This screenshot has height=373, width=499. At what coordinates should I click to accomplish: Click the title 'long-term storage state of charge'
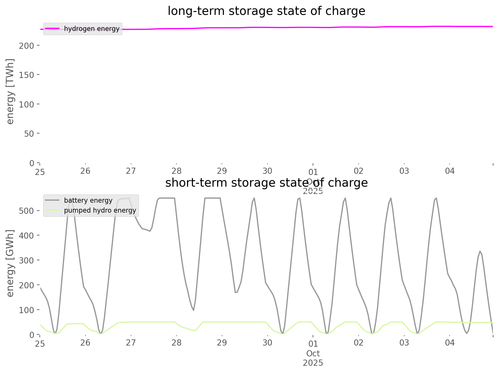pyautogui.click(x=266, y=11)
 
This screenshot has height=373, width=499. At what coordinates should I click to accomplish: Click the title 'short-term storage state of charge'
pyautogui.click(x=266, y=183)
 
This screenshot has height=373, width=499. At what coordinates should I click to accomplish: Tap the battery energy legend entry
pyautogui.click(x=88, y=200)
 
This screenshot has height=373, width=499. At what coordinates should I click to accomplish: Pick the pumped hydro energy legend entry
pyautogui.click(x=100, y=210)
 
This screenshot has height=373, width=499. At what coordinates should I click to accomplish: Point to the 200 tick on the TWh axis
pyautogui.click(x=27, y=46)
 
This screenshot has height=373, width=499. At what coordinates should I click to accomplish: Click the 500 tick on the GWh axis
pyautogui.click(x=27, y=211)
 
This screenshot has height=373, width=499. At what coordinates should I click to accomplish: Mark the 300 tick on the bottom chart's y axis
pyautogui.click(x=27, y=260)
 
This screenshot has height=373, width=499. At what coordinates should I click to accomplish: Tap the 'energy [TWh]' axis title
pyautogui.click(x=10, y=91)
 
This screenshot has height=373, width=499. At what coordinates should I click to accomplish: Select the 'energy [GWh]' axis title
pyautogui.click(x=10, y=263)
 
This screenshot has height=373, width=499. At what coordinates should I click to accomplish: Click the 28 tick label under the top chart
pyautogui.click(x=176, y=171)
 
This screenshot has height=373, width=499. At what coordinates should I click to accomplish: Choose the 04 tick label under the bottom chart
pyautogui.click(x=450, y=343)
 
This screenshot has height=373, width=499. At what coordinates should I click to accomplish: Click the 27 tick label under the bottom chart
pyautogui.click(x=131, y=343)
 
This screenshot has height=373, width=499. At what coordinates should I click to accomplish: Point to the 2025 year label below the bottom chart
pyautogui.click(x=313, y=363)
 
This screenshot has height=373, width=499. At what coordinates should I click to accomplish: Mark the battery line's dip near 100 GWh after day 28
pyautogui.click(x=193, y=310)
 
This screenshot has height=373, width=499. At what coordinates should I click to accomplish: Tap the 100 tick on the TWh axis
pyautogui.click(x=27, y=104)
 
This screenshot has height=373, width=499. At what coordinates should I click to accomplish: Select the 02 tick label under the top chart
pyautogui.click(x=359, y=171)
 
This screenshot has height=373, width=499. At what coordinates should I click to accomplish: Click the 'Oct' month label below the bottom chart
pyautogui.click(x=313, y=353)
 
